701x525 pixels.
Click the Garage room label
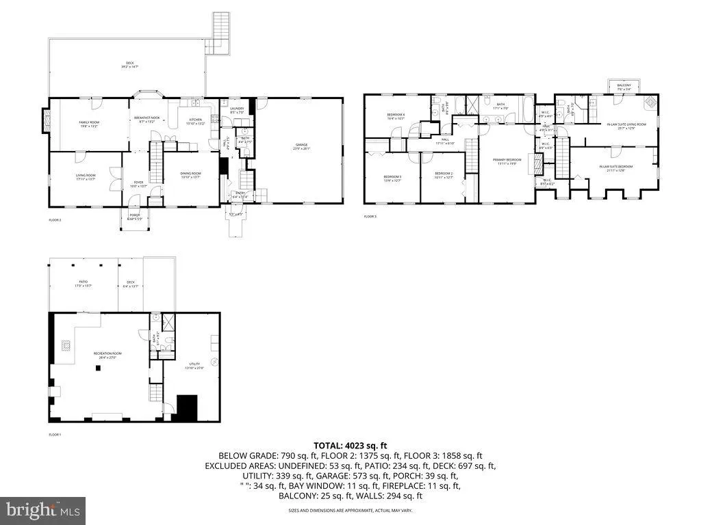301,145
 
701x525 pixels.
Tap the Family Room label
89,124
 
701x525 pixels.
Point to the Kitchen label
196,121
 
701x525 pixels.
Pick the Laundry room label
237,109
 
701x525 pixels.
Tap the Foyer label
138,184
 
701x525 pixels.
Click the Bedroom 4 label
396,116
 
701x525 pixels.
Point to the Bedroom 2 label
444,176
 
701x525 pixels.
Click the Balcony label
624,86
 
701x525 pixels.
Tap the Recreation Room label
106,354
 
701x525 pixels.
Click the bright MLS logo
42,509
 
